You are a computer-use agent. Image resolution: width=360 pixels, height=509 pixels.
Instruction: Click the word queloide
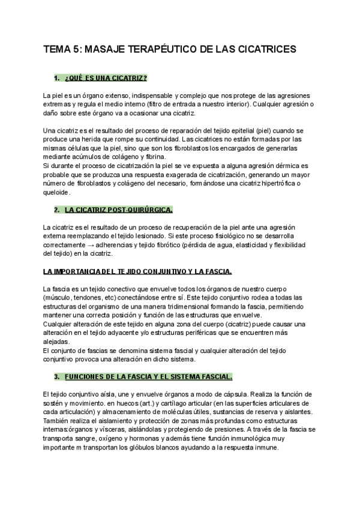[x=56, y=193]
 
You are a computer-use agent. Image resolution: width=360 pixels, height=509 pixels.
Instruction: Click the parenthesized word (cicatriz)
[x=218, y=324]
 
